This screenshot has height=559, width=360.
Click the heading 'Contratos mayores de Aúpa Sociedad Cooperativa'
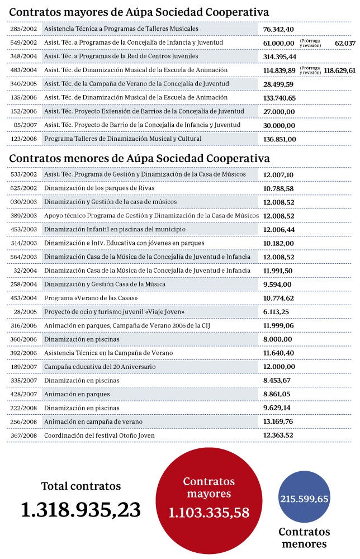click(139, 12)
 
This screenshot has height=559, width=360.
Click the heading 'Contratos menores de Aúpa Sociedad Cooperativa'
click(139, 158)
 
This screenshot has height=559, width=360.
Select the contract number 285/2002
click(24, 29)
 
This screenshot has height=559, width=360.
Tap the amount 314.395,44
click(280, 56)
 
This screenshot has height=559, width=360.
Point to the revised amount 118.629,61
click(340, 70)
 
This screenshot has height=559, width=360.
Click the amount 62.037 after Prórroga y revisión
click(345, 42)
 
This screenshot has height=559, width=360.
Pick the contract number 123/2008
click(24, 139)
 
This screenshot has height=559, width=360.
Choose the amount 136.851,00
click(280, 139)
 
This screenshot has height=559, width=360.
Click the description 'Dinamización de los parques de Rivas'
click(107, 188)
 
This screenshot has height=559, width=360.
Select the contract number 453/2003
click(24, 229)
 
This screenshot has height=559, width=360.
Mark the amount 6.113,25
click(276, 311)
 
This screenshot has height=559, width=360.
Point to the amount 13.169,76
click(278, 421)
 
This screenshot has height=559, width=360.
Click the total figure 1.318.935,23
click(80, 509)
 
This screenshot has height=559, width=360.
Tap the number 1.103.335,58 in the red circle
click(209, 512)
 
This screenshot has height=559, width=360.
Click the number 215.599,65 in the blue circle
click(305, 499)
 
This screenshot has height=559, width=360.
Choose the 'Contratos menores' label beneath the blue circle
click(305, 538)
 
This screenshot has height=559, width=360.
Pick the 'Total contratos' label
click(80, 486)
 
